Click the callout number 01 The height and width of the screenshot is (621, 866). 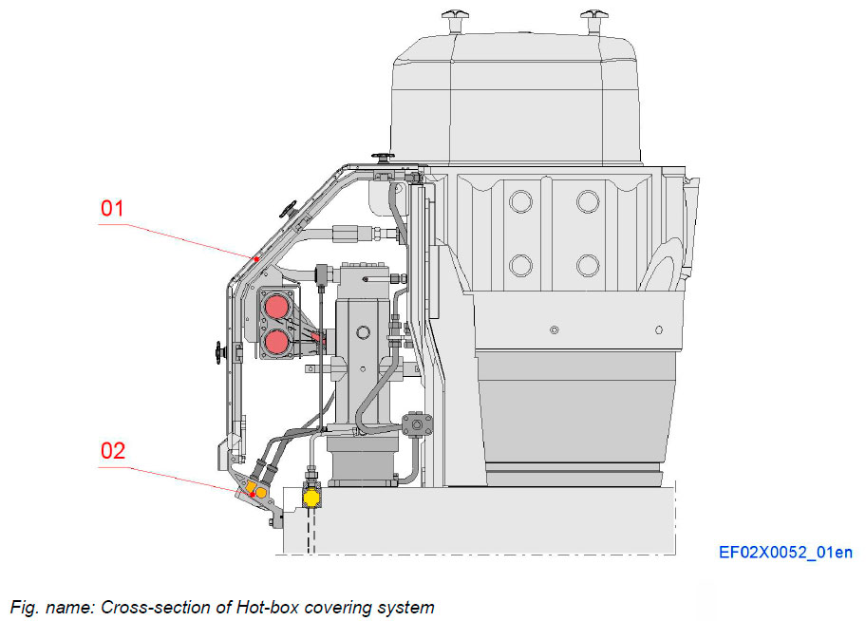[112, 208]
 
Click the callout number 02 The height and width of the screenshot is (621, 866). [112, 449]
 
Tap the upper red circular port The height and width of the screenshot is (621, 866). [277, 307]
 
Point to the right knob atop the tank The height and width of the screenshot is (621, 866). [596, 15]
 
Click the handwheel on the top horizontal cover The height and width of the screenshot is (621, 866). [383, 157]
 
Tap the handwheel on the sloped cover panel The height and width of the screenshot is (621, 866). [289, 208]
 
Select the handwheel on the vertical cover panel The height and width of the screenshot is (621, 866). [222, 353]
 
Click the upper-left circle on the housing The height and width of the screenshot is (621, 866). [519, 200]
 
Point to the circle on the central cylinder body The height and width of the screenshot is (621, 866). [361, 332]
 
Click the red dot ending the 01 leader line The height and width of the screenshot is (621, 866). [255, 256]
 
